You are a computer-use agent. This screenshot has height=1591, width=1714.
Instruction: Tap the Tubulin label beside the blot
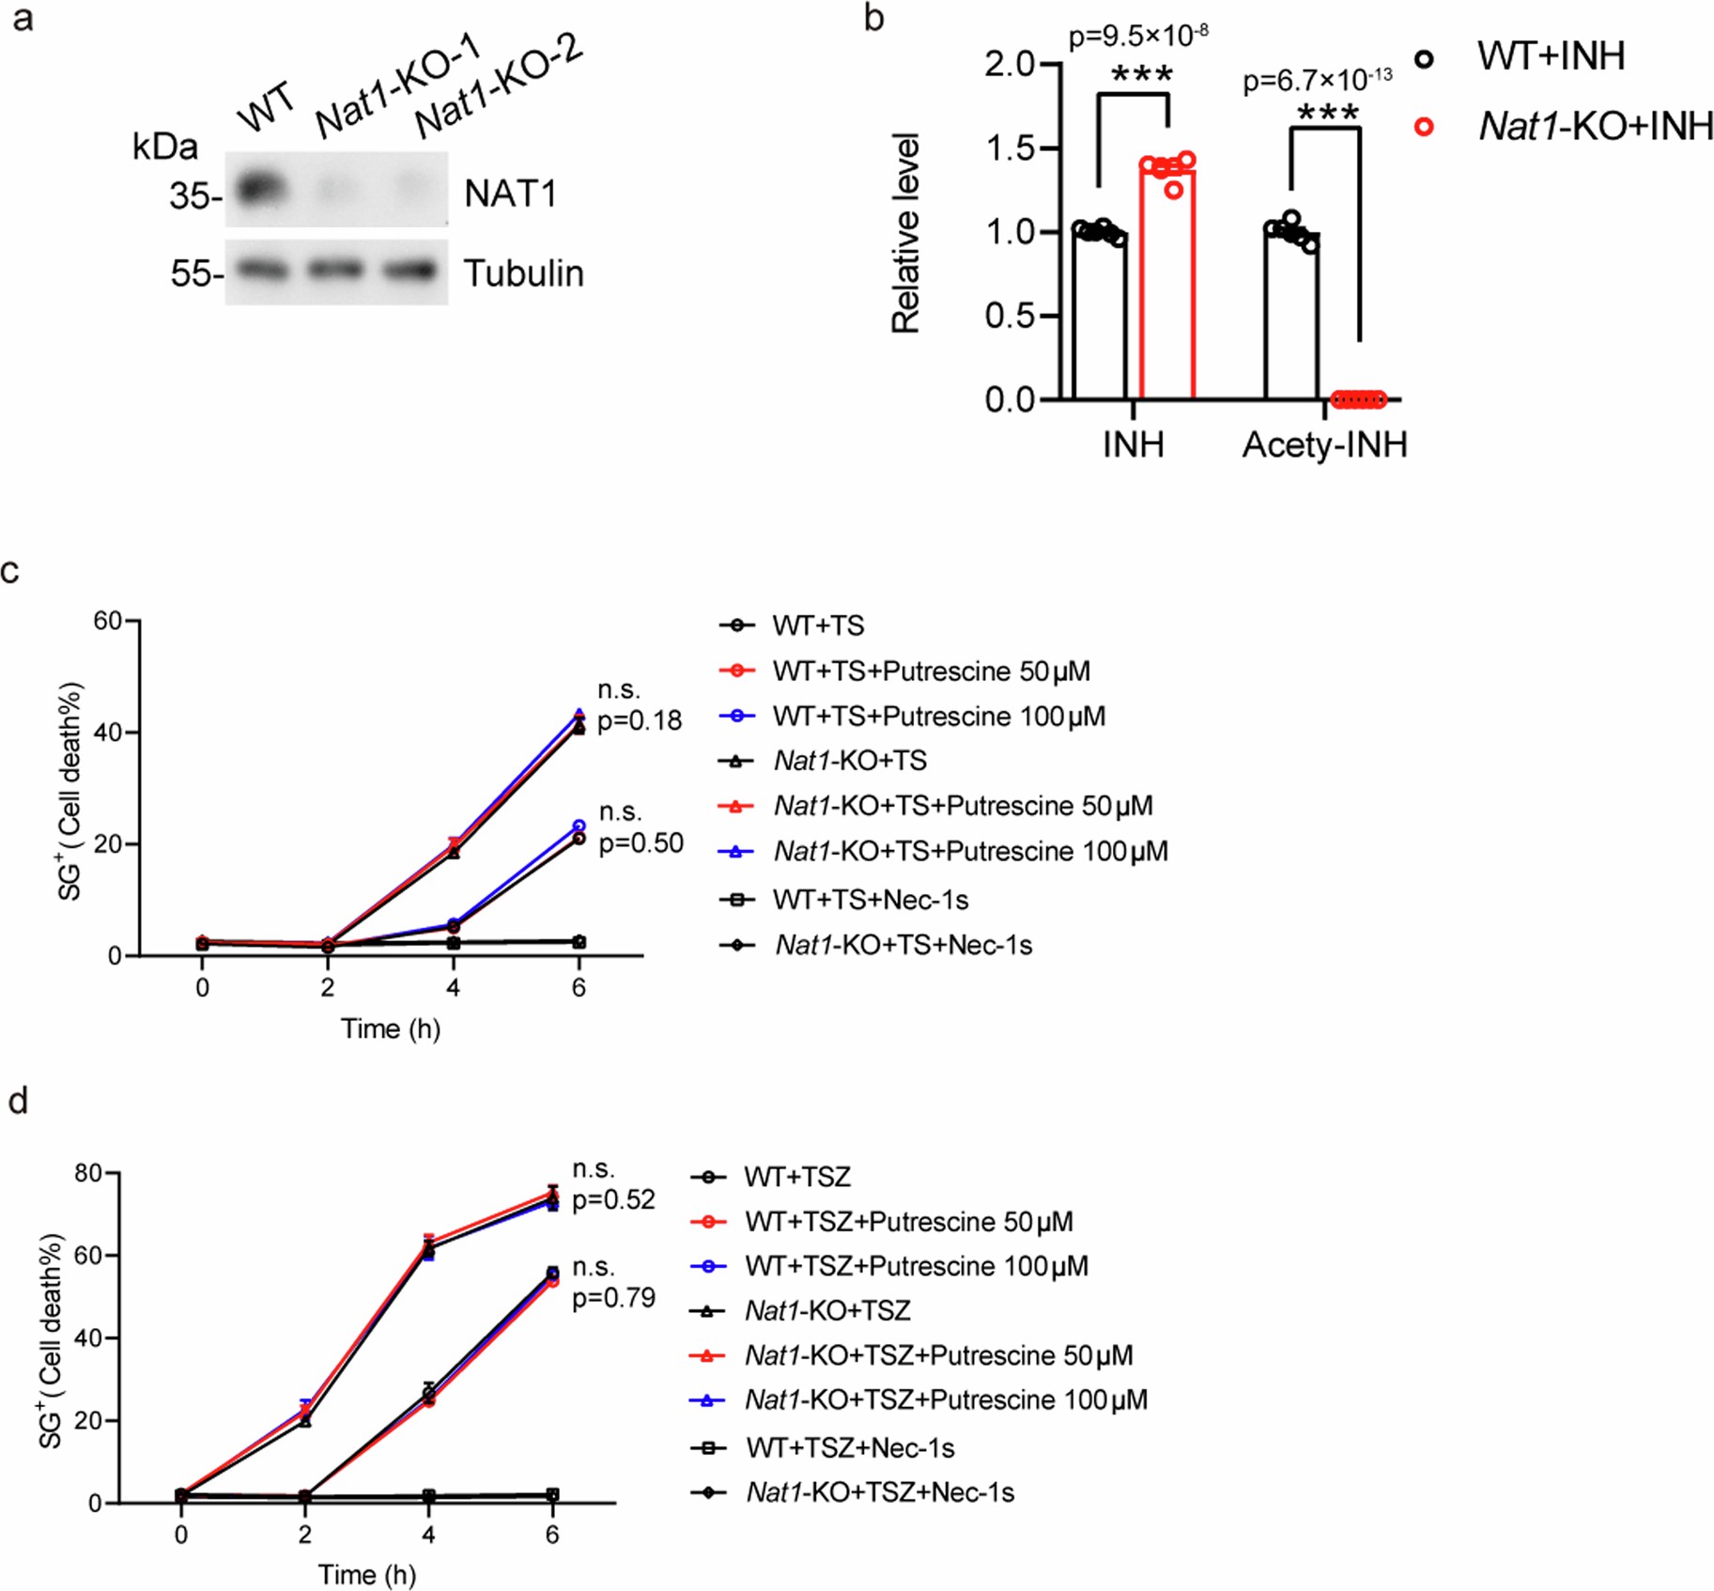(x=523, y=273)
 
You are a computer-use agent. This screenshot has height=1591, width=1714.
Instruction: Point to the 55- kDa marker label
(x=195, y=273)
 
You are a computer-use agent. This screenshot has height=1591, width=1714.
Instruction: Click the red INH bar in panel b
(x=1166, y=282)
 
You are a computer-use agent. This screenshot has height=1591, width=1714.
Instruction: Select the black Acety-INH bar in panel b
(x=1291, y=315)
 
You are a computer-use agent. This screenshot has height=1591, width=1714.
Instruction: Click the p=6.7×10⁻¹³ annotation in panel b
(x=1317, y=81)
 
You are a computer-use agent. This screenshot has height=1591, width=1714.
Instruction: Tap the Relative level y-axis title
(x=905, y=233)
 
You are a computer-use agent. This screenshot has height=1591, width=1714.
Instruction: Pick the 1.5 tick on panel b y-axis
(x=1009, y=148)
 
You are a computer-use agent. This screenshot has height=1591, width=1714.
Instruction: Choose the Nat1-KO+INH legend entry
(x=1595, y=126)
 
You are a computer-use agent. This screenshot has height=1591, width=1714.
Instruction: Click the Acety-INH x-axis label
(x=1324, y=444)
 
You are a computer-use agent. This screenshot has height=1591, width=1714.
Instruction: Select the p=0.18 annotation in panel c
(x=640, y=720)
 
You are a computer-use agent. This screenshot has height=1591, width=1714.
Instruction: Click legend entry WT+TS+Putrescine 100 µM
(x=937, y=716)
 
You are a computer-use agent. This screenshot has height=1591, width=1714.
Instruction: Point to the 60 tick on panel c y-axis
(x=108, y=621)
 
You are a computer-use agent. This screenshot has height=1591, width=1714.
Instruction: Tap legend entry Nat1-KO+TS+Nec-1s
(x=902, y=945)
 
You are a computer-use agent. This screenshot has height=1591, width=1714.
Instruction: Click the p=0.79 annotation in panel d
(x=613, y=1297)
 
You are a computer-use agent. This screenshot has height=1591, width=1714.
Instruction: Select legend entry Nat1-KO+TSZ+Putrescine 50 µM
(x=937, y=1355)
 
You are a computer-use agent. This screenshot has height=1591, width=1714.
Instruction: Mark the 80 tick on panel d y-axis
(x=89, y=1173)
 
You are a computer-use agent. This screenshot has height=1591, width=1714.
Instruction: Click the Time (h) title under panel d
(x=366, y=1574)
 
